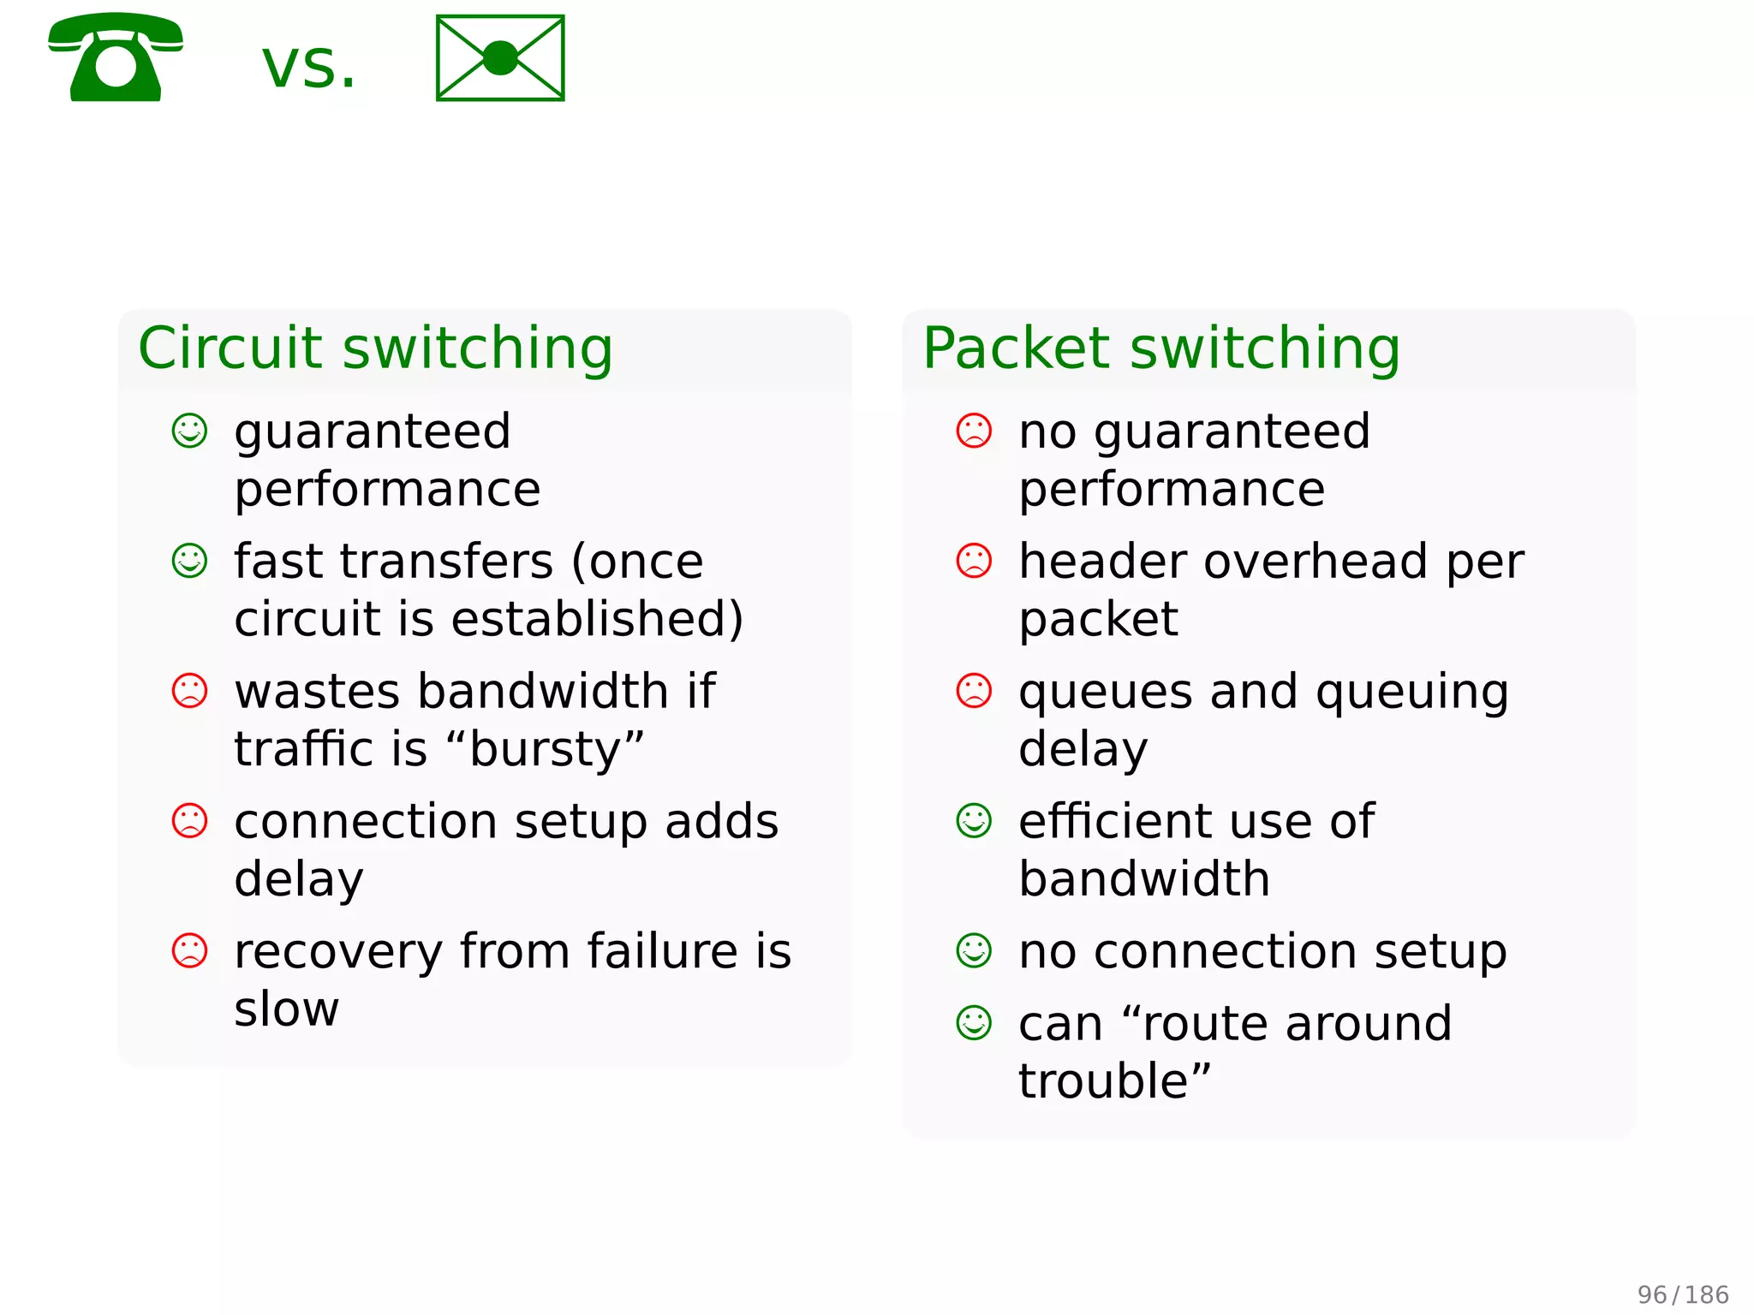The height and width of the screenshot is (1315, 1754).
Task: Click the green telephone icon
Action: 116,57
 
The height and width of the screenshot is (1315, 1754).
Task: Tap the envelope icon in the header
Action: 500,58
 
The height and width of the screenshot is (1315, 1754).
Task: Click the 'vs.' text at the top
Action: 308,67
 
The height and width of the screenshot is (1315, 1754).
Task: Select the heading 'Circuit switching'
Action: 376,348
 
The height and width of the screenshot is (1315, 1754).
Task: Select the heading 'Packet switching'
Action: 1161,348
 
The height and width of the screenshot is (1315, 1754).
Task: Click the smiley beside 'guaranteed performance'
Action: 189,431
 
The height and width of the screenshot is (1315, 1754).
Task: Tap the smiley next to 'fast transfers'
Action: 189,561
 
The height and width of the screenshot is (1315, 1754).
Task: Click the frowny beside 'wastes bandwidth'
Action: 189,691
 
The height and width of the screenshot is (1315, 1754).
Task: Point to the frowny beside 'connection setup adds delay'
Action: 189,820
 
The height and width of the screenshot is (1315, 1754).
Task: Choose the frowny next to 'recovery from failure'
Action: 189,950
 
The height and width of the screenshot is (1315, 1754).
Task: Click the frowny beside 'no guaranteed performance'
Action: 974,431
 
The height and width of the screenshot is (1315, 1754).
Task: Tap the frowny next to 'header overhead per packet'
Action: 974,561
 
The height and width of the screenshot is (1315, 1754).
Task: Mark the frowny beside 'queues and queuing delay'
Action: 974,691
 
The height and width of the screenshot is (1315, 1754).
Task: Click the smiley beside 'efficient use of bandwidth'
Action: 974,820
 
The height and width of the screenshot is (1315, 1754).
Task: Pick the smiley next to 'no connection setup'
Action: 974,950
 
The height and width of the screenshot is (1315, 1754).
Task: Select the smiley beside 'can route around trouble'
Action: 974,1022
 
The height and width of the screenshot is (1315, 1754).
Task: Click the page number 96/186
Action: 1683,1294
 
